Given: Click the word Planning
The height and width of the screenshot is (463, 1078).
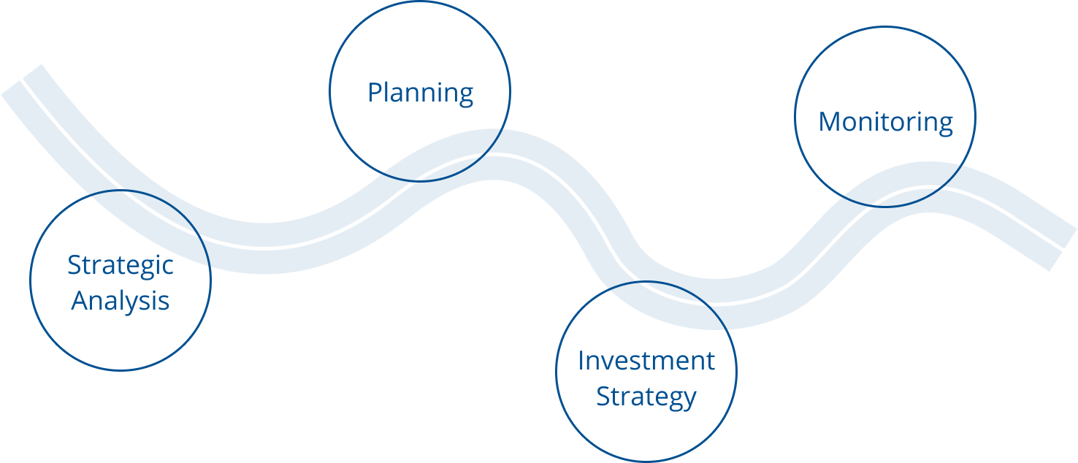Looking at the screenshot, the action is (420, 93).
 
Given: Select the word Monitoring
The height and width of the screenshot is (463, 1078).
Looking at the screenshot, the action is (885, 123).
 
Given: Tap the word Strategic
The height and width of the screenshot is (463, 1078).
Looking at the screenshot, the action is (121, 266).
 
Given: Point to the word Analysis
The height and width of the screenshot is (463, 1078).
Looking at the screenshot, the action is (121, 302).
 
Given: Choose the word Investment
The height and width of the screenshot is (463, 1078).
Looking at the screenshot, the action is (646, 361).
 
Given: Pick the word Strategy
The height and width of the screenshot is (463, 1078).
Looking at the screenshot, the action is (646, 397).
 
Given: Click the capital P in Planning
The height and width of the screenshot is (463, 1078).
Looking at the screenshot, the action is (375, 92).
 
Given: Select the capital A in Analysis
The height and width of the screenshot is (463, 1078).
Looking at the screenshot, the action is (81, 301).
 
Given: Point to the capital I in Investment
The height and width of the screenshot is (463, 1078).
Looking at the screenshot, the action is (581, 361).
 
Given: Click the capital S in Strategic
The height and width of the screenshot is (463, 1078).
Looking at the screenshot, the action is (74, 265).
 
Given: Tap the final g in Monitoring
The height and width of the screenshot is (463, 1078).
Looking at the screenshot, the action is (945, 126).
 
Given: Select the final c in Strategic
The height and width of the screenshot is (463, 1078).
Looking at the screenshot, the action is (167, 267).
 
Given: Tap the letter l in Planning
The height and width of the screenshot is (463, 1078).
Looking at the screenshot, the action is (389, 91).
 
